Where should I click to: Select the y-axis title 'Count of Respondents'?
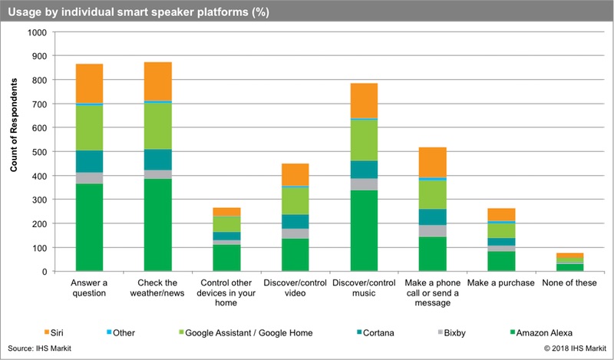(13, 152)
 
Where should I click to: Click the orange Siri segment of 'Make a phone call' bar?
(432, 162)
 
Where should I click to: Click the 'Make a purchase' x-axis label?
(500, 282)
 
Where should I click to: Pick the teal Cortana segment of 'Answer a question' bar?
(90, 161)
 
